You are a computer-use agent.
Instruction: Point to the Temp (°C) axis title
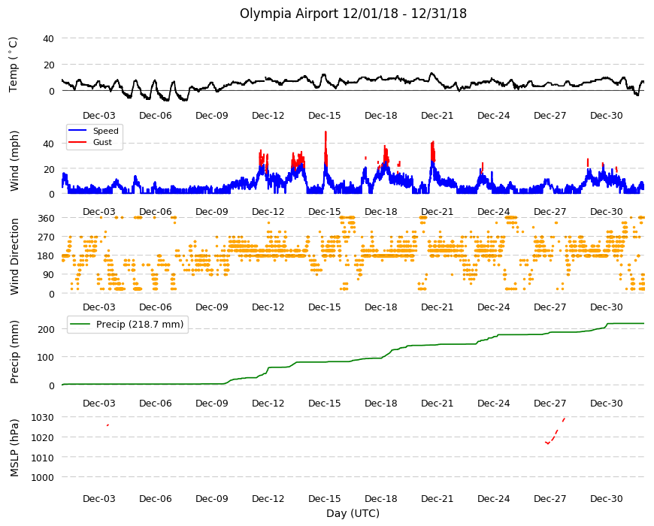pos(14,65)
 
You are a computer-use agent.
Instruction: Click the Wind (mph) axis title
pos(14,161)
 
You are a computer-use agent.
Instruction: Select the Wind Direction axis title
pos(14,257)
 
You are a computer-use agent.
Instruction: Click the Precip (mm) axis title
pos(14,352)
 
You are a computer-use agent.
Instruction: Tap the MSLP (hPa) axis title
pos(14,448)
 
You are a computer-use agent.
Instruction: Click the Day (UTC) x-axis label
pos(353,513)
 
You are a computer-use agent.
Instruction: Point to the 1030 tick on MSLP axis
pos(43,417)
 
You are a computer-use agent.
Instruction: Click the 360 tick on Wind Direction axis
pos(46,218)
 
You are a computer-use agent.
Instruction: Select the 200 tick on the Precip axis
pos(46,329)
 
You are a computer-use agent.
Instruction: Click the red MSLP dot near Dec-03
pos(107,425)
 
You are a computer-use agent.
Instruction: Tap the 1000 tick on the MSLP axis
pos(43,477)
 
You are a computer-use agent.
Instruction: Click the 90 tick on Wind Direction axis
pos(49,275)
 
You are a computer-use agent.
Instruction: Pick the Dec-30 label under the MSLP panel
pos(607,498)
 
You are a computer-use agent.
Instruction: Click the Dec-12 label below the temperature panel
pos(268,116)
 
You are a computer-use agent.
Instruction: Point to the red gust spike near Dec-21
pos(433,151)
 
